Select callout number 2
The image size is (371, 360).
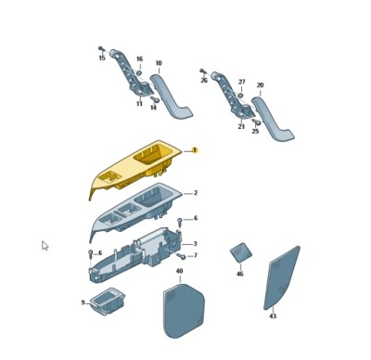[x=196, y=193]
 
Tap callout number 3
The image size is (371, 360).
[x=195, y=244]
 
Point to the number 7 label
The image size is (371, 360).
[x=196, y=255]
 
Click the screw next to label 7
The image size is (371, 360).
[x=181, y=256]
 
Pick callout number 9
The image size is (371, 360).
[x=83, y=302]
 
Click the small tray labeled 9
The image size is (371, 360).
[x=108, y=301]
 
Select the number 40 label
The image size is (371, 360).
[x=179, y=271]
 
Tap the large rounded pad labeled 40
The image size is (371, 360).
[x=184, y=311]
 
